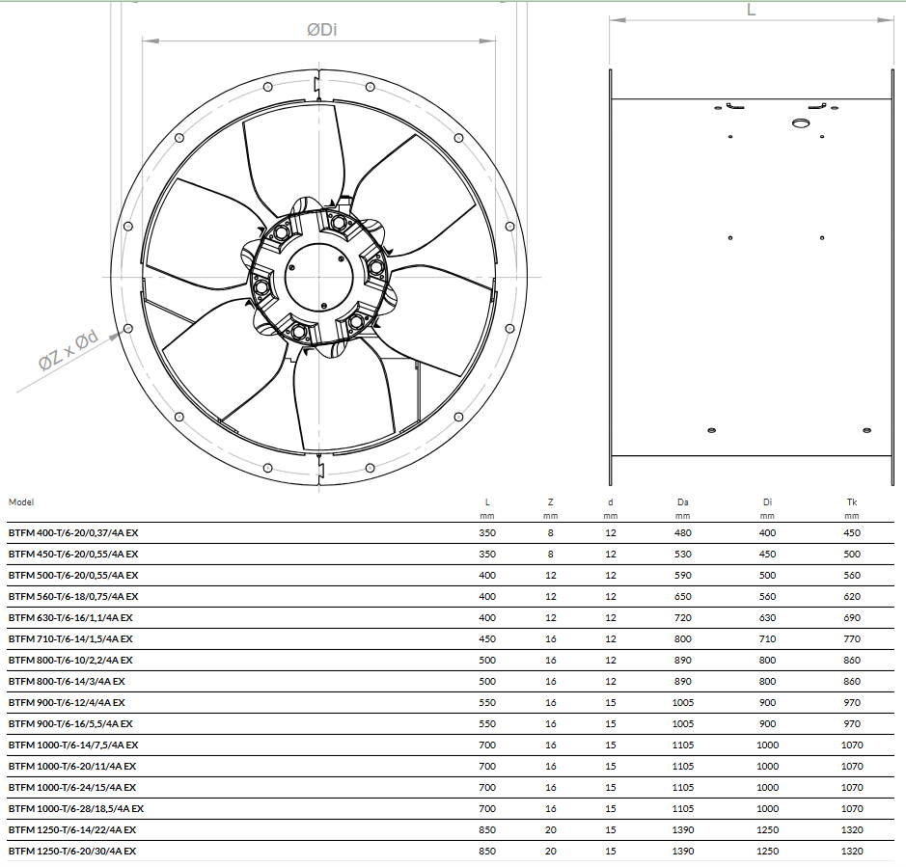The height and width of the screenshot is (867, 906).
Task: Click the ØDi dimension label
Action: (322, 30)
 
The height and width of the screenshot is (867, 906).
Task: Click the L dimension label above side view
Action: (752, 10)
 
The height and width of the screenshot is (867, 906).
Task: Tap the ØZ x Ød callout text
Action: (69, 350)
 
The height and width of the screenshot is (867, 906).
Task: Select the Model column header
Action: (21, 501)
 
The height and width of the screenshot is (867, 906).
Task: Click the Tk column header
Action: (852, 501)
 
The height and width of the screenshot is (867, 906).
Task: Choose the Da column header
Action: (682, 501)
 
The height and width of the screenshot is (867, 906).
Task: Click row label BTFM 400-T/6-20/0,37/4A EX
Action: (73, 532)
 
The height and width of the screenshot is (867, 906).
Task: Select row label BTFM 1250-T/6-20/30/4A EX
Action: (72, 851)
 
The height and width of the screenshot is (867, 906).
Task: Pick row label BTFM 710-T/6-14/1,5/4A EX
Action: (70, 638)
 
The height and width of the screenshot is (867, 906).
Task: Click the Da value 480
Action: (682, 532)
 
